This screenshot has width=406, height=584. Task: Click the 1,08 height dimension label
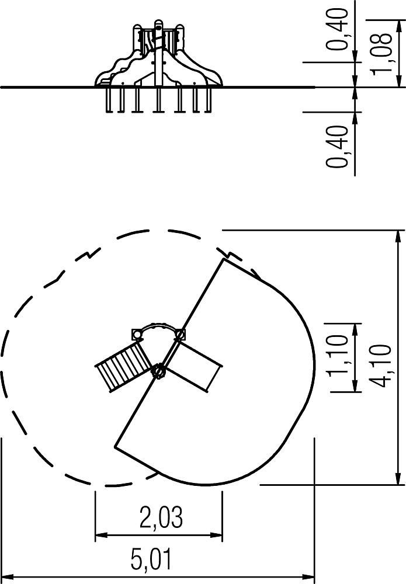[382, 54]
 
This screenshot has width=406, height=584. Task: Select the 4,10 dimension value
[382, 366]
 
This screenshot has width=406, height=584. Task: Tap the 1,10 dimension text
[339, 355]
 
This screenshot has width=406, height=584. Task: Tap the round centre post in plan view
[159, 371]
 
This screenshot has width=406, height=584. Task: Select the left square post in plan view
[137, 334]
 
